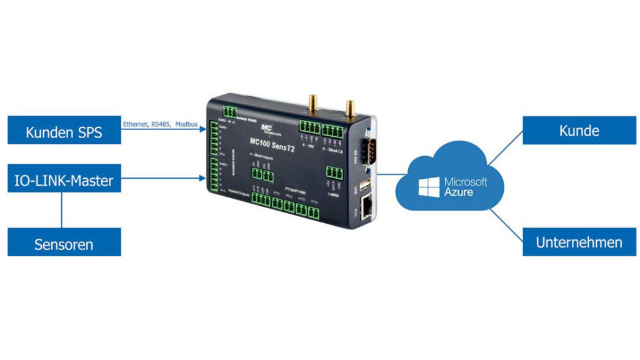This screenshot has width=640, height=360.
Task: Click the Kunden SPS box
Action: pyautogui.click(x=64, y=132)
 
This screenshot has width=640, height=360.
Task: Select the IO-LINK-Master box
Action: pyautogui.click(x=64, y=181)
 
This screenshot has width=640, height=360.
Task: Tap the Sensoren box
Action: pyautogui.click(x=64, y=244)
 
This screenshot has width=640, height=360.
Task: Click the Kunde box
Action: pyautogui.click(x=579, y=131)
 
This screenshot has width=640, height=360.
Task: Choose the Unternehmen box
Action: pyautogui.click(x=579, y=242)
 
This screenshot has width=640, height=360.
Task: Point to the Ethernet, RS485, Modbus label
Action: pyautogui.click(x=160, y=124)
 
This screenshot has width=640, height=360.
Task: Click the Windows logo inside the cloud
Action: pyautogui.click(x=429, y=186)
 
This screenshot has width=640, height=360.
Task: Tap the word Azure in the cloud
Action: pyautogui.click(x=458, y=192)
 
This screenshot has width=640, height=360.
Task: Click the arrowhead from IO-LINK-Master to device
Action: pyautogui.click(x=202, y=179)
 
